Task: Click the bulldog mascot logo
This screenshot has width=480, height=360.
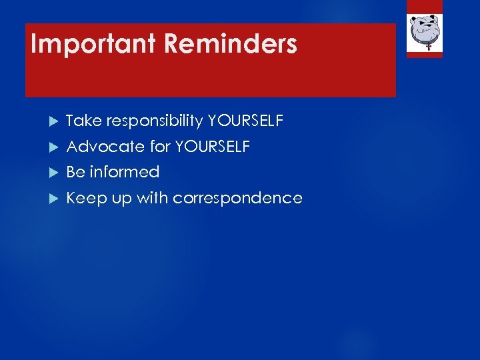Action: pos(425,30)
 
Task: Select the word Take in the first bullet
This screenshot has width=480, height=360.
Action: pos(83,121)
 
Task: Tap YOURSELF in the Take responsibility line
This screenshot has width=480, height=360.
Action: pos(245,121)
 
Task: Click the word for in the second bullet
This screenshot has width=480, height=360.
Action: pos(159,147)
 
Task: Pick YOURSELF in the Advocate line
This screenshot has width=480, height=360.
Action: pos(212,147)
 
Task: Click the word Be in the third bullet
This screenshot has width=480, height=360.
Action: pos(75,172)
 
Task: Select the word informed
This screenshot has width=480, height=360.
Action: pos(125,172)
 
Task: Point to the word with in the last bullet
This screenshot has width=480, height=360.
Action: pos(153,198)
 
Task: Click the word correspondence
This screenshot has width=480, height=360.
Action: pos(237,199)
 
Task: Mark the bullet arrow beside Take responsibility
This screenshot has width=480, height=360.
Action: pos(54,121)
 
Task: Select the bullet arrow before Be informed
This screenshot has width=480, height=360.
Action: pos(54,173)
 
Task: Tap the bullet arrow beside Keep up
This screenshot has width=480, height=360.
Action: pos(54,199)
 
